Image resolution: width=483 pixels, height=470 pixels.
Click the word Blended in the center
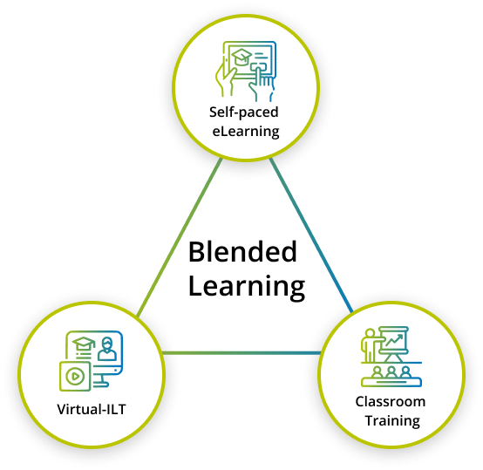(x=242, y=252)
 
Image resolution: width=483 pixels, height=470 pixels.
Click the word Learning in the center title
(x=247, y=287)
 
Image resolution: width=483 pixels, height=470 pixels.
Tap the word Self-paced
(x=243, y=112)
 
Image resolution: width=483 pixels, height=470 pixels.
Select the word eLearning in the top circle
(x=246, y=132)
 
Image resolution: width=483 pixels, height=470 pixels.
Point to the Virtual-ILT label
(x=92, y=409)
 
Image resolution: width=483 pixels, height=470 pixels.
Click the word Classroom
(x=391, y=402)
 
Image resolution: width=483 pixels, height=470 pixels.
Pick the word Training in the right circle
(x=392, y=421)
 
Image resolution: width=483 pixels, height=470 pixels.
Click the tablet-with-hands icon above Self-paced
(x=246, y=72)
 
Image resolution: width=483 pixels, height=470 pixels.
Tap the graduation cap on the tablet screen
(x=241, y=58)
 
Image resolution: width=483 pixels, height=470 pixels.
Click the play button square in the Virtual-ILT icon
(x=75, y=376)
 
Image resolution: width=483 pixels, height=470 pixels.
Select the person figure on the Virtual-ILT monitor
(x=107, y=349)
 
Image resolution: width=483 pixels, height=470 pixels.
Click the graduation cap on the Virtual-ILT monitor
(x=84, y=344)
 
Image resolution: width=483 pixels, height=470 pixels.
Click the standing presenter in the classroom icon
(x=370, y=345)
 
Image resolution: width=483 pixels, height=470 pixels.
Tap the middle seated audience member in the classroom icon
(x=391, y=372)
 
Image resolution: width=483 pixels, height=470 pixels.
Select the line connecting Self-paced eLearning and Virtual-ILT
(x=179, y=237)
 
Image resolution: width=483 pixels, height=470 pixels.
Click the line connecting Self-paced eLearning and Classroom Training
(x=311, y=235)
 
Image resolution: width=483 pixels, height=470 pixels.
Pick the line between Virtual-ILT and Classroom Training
(x=241, y=352)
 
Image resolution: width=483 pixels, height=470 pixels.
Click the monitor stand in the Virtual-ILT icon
(x=101, y=380)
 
